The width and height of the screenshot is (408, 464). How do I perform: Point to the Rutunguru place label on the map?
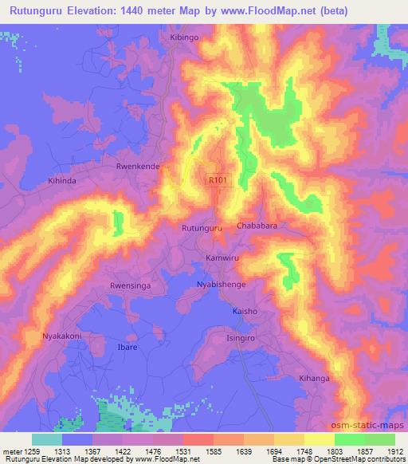201,228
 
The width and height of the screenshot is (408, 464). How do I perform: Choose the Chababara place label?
257,226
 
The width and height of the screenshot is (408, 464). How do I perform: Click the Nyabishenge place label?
221,284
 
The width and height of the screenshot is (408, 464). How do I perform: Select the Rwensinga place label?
129,284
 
